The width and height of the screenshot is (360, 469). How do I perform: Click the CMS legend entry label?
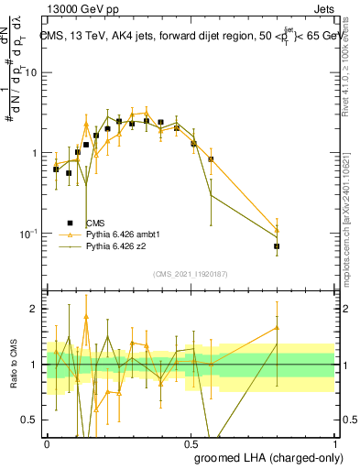pos(95,223)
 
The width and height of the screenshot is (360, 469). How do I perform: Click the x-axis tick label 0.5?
pos(191,442)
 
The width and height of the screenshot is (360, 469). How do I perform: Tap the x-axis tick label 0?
pos(47,442)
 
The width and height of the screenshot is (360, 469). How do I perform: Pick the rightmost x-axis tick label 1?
pos(334,442)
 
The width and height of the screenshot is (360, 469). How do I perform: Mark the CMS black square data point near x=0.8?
pos(277,246)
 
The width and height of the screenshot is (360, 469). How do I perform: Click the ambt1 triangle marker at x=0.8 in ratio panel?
pos(277,327)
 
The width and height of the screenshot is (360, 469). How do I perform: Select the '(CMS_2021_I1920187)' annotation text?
pos(190,274)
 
